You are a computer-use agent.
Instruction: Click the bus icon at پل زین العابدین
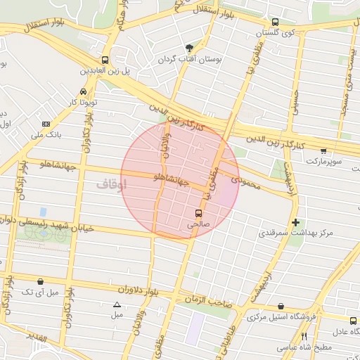tap(105, 60)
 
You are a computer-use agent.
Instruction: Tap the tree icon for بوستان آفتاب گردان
tap(189, 48)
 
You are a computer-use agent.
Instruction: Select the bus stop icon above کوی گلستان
tap(275, 21)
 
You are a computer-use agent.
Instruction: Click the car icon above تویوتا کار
tap(84, 92)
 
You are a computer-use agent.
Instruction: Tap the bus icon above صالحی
tap(199, 212)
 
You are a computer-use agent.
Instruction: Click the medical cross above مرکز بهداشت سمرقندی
tap(295, 222)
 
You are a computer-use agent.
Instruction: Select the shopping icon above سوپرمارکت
tap(323, 150)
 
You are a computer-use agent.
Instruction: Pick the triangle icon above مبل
tap(117, 304)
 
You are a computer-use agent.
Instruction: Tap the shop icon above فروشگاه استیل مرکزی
tap(281, 307)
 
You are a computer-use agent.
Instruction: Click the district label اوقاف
tap(111, 185)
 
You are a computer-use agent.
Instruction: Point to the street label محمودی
tap(245, 184)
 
